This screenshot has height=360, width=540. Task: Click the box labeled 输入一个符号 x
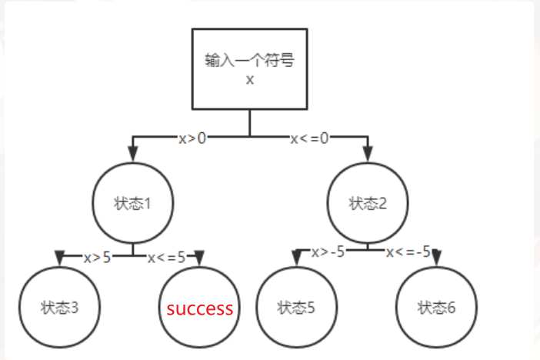tap(249, 69)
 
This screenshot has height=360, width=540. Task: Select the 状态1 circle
tap(132, 204)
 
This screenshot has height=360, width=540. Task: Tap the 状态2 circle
tap(367, 204)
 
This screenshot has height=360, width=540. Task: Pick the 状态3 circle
tap(59, 308)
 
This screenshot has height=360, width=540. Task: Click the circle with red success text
tap(200, 308)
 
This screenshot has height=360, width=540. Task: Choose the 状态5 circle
tap(296, 308)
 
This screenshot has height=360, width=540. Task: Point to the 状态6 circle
tap(436, 308)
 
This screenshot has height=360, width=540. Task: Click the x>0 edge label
tap(192, 139)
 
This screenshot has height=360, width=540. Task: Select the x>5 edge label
tap(97, 257)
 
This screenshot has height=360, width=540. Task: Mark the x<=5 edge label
tap(167, 257)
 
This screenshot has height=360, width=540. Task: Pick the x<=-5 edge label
tap(408, 252)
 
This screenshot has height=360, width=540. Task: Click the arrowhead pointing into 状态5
tap(296, 255)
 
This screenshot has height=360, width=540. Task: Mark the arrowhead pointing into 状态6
tap(437, 255)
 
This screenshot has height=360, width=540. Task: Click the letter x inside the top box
tap(249, 79)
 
